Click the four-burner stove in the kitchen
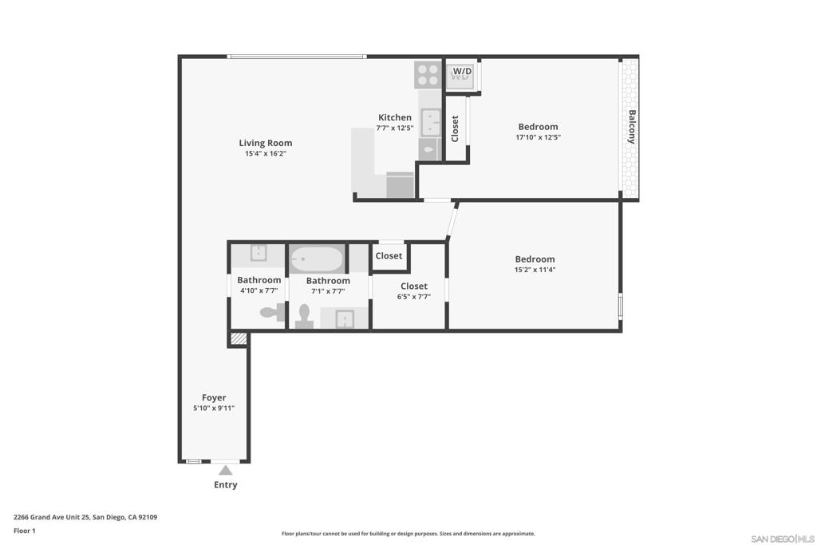[428, 75]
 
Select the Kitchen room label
[395, 117]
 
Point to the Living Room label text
[266, 143]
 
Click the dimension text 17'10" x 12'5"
[538, 137]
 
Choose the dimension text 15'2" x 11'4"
[535, 270]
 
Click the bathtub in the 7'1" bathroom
[317, 259]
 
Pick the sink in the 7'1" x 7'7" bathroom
[344, 319]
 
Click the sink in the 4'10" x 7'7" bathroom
[259, 254]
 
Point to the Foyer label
[213, 397]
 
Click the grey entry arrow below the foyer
[226, 470]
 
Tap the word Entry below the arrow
[226, 484]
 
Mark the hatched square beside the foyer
[238, 339]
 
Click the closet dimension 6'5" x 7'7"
[414, 297]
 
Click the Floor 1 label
[25, 531]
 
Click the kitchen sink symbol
[431, 123]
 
